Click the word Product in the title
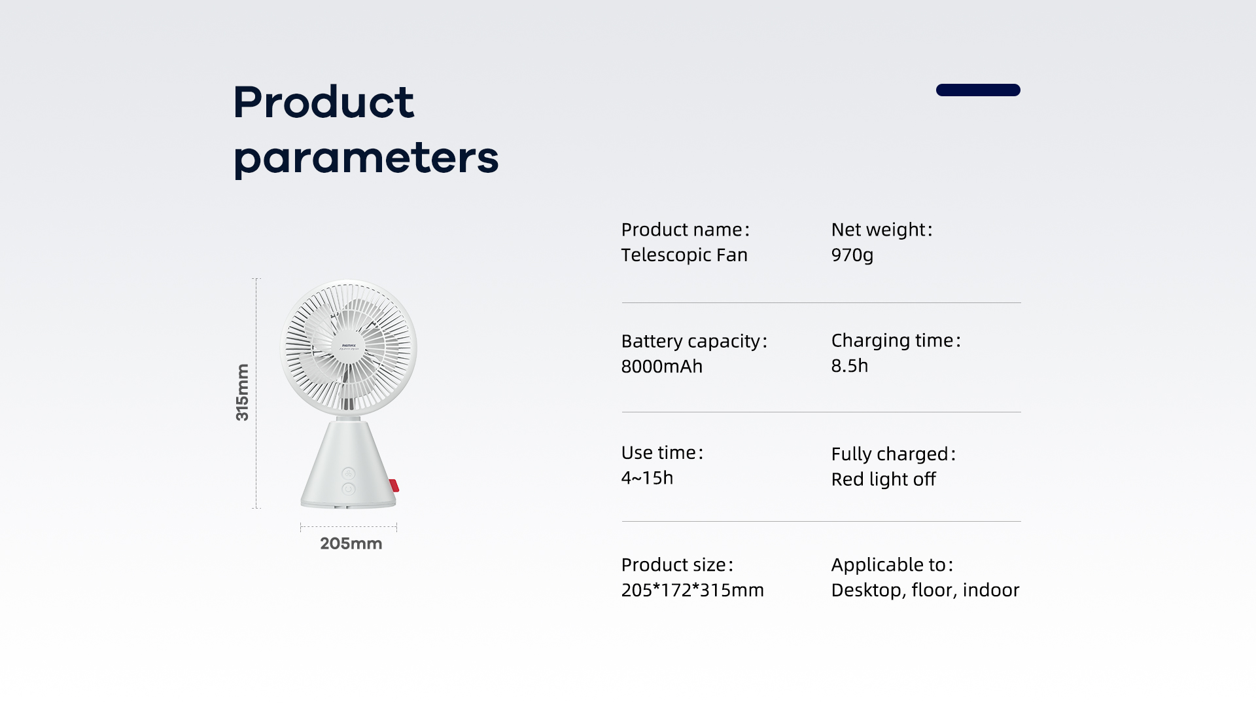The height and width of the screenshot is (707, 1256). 323,102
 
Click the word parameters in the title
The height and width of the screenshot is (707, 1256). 366,158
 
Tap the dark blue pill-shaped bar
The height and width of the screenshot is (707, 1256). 978,90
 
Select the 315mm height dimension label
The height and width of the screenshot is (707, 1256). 243,392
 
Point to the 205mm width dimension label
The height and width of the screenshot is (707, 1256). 351,543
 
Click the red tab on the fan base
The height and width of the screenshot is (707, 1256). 394,485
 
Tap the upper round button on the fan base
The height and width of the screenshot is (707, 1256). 349,473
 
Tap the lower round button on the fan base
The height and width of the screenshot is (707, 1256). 349,488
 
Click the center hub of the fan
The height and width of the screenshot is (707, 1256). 349,346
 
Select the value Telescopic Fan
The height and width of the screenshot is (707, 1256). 684,255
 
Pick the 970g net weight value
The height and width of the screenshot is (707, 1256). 852,255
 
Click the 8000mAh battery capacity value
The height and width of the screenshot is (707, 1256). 662,366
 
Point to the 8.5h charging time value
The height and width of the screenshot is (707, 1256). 850,365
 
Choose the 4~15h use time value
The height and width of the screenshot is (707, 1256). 648,478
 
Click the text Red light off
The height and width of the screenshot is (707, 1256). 884,479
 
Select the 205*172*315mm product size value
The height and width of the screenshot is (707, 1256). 693,590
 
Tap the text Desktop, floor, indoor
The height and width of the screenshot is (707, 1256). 926,590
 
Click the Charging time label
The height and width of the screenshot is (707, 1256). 896,340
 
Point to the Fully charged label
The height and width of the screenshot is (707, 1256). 894,454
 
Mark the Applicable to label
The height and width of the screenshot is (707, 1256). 892,564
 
